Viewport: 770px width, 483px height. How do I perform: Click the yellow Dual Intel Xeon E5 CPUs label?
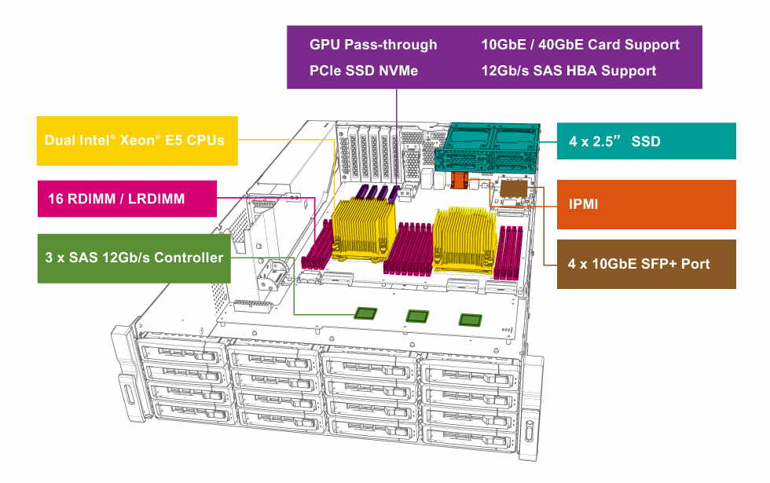pos(137,141)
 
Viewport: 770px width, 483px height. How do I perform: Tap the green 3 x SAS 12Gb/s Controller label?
pos(134,258)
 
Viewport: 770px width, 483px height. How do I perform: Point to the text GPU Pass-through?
pos(373,45)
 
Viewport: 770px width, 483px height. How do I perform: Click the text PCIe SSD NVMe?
pos(364,71)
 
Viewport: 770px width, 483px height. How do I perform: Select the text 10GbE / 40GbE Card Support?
pos(580,45)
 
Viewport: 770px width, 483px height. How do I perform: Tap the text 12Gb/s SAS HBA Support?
pos(568,71)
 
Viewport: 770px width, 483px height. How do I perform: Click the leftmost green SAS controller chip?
pos(366,313)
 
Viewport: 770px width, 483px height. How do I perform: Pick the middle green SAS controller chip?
pos(417,316)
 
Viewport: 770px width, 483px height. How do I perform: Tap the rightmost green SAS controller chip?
pos(470,319)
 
